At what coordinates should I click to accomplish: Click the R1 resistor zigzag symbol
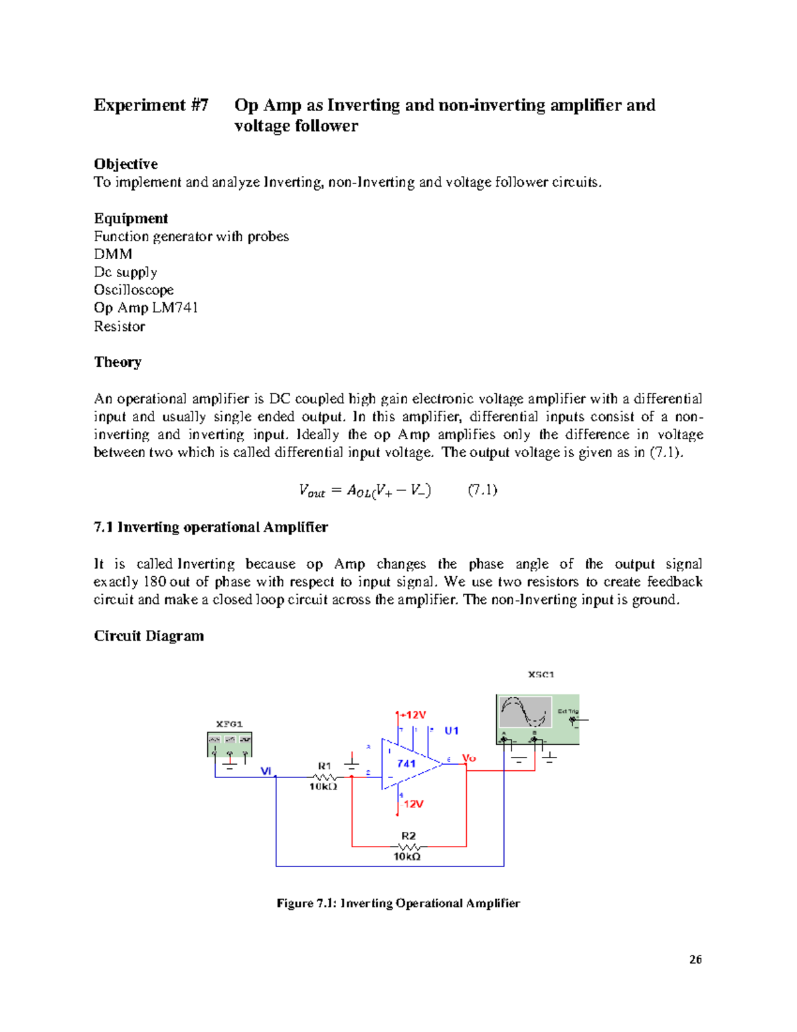pos(324,777)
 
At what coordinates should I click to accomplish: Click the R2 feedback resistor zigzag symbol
pos(408,847)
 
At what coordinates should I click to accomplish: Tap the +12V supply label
pos(414,715)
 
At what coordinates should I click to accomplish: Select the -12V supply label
pos(412,804)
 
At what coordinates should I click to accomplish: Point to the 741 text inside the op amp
pos(406,764)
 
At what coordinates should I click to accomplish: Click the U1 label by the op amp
pos(452,731)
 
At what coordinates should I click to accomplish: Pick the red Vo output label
pos(469,758)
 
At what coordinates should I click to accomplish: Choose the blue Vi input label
pos(266,771)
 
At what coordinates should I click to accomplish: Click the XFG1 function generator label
pos(229,724)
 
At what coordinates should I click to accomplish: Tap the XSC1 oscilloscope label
pos(541,674)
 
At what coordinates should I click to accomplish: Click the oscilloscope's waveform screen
pos(525,712)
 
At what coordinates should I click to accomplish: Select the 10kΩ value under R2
pos(407,857)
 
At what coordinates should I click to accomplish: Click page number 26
pos(695,959)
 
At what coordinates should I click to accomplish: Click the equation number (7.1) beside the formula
pos(483,490)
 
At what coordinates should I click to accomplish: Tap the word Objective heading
pos(126,164)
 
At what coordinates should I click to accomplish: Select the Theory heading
pos(118,362)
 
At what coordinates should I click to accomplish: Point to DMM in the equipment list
pos(113,255)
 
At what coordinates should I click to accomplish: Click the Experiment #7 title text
pos(151,105)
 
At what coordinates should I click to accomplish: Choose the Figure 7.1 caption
pos(398,903)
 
